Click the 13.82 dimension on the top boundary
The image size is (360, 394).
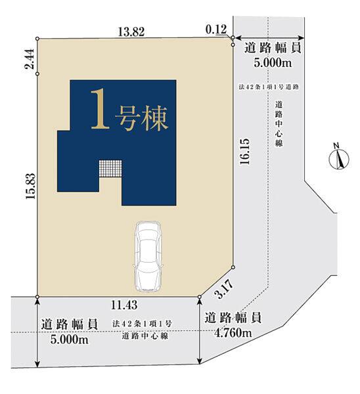(131, 32)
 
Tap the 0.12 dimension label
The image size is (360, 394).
(216, 30)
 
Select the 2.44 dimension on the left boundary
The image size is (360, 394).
(29, 59)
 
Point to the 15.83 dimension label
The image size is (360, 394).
(31, 186)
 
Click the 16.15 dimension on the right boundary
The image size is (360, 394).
(245, 152)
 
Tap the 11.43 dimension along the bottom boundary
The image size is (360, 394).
(124, 305)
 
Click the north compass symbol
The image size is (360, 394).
(339, 157)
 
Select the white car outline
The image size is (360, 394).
(148, 257)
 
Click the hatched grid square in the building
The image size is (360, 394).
(110, 169)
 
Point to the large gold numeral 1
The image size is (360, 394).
(101, 109)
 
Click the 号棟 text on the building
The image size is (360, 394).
(141, 119)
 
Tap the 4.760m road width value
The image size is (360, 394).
(233, 333)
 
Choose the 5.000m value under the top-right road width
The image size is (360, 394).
(273, 62)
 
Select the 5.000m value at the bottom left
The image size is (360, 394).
(70, 339)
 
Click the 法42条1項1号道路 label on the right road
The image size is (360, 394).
(269, 87)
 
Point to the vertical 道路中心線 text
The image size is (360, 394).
(279, 123)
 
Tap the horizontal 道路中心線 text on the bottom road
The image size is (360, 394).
(145, 336)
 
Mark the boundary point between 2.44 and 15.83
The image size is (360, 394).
(37, 74)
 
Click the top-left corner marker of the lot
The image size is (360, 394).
(37, 39)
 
